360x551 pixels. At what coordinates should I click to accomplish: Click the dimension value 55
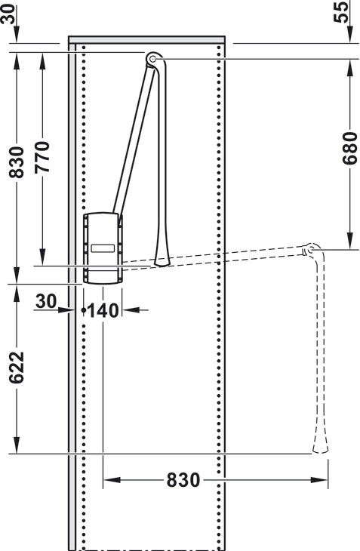[x=341, y=11]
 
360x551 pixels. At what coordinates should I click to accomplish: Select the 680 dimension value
[x=350, y=148]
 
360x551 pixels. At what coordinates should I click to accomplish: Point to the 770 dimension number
[x=42, y=157]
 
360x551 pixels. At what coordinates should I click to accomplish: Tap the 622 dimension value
[x=17, y=368]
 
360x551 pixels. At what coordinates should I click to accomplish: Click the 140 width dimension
[x=103, y=311]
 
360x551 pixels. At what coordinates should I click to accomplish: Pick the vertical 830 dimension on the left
[x=17, y=163]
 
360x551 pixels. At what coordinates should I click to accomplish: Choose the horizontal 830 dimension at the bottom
[x=183, y=480]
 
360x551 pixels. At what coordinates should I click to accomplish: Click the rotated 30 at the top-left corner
[x=8, y=14]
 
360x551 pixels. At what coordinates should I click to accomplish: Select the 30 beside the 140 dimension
[x=46, y=301]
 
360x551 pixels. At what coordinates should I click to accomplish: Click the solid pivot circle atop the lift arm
[x=152, y=59]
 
